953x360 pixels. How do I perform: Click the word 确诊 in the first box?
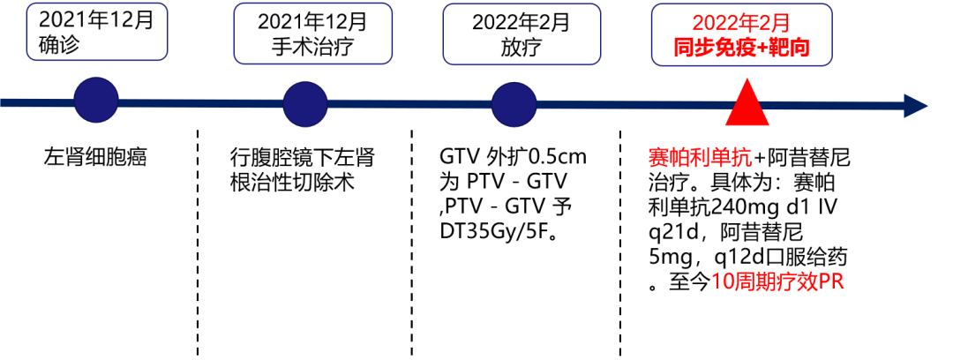[59, 45]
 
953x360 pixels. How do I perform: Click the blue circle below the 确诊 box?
[96, 100]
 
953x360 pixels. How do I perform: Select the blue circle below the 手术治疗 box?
[305, 104]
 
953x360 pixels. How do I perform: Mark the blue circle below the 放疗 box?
[514, 104]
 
